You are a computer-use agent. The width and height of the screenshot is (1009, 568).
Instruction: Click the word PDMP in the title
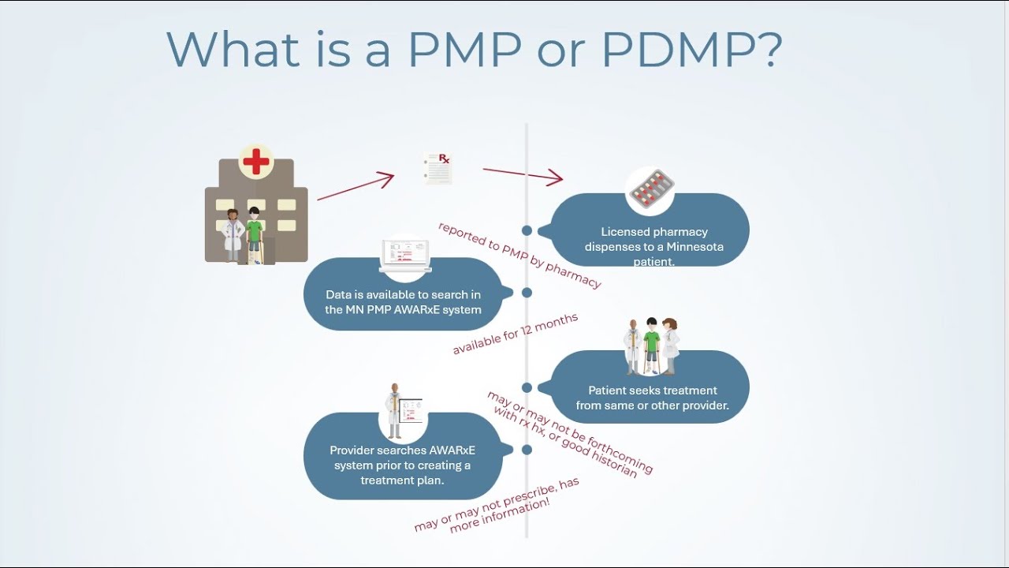click(x=691, y=50)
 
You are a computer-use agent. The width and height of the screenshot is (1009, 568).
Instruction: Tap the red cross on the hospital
click(x=256, y=162)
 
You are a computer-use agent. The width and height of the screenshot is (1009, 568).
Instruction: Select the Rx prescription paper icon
click(x=437, y=169)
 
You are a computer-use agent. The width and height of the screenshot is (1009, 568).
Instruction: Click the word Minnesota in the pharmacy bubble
click(x=694, y=247)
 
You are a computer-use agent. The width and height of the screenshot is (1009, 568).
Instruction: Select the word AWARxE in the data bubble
click(x=417, y=309)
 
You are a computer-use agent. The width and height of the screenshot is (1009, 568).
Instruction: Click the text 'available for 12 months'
click(x=516, y=334)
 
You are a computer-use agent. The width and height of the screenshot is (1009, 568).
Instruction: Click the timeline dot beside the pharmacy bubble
click(x=527, y=231)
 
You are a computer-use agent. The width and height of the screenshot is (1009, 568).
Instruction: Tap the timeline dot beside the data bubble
click(x=527, y=293)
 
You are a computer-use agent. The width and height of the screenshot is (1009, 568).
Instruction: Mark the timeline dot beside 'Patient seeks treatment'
click(x=527, y=387)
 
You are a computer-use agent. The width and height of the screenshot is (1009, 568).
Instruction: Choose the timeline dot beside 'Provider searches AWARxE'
click(x=527, y=450)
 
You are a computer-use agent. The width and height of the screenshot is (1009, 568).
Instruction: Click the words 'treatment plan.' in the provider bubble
click(x=402, y=480)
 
